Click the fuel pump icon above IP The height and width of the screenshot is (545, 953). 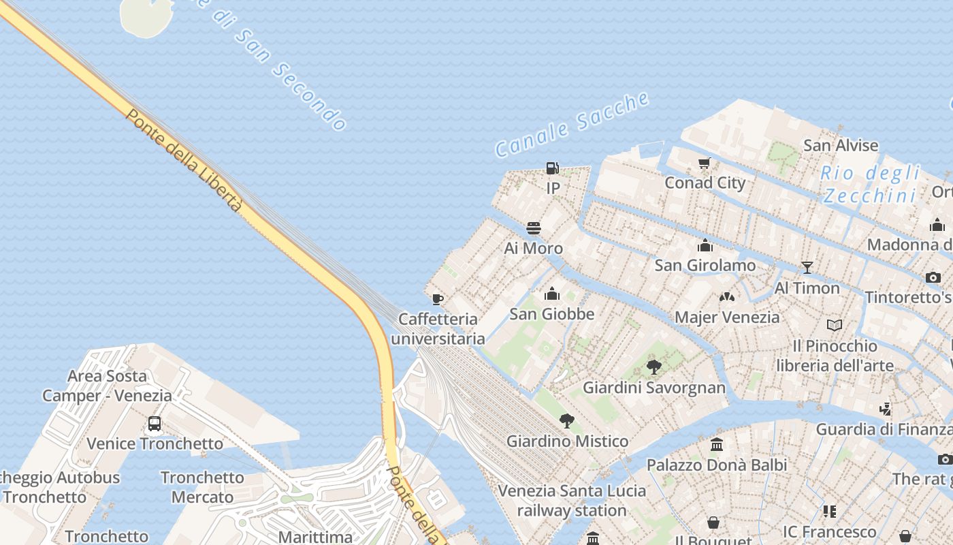553,168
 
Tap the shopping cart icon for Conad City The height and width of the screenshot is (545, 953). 705,163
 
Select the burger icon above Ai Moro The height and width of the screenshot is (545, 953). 534,228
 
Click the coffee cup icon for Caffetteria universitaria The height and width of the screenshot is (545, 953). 438,299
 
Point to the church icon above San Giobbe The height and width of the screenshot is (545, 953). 552,294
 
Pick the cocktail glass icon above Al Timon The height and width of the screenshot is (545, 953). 807,267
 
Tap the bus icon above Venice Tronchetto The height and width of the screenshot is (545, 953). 155,424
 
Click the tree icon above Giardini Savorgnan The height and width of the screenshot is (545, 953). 654,367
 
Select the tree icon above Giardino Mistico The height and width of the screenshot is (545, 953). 566,421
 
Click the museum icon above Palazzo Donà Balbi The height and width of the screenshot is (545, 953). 717,445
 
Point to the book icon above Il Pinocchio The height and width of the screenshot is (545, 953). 835,326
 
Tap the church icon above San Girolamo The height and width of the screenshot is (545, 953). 705,245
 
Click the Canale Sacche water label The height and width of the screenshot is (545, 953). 572,124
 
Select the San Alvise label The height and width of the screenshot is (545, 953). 841,145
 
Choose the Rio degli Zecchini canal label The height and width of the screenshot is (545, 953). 870,184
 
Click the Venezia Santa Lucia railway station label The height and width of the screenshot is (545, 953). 572,500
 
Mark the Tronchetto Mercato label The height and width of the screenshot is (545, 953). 202,486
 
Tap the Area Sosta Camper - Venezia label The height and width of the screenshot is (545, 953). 108,385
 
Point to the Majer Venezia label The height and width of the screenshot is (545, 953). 727,317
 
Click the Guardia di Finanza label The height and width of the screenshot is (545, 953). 884,429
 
